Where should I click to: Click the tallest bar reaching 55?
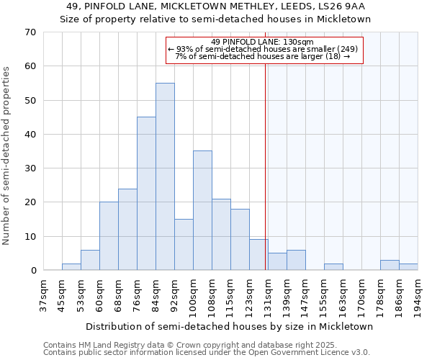click(x=165, y=176)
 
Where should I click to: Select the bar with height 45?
click(x=146, y=194)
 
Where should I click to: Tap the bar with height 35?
click(x=202, y=210)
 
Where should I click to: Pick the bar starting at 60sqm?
click(x=109, y=236)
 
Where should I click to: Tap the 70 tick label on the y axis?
click(x=30, y=32)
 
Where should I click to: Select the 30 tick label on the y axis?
click(x=30, y=168)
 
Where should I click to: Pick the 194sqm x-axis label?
click(x=418, y=295)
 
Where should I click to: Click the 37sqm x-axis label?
click(x=43, y=295)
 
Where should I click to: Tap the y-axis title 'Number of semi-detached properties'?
click(x=7, y=156)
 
